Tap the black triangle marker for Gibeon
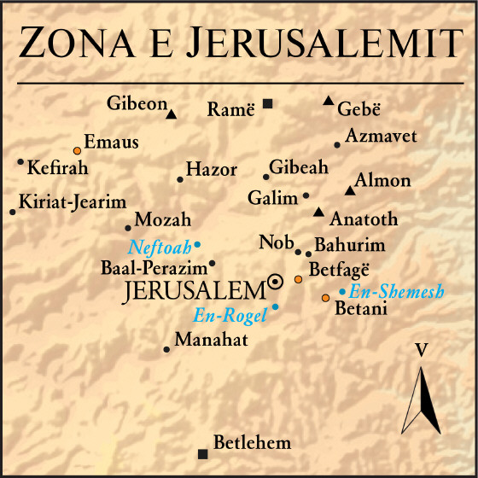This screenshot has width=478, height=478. pos(172,114)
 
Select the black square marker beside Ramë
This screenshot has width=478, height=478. pos(268,104)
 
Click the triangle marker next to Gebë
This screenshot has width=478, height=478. pos(328,102)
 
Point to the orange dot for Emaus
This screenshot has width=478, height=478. pos(78,150)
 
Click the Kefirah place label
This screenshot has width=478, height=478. pos(58,167)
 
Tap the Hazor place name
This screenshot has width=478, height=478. pos(211,170)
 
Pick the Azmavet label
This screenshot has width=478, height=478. pos(369,136)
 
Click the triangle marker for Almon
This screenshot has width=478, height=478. pos(348,190)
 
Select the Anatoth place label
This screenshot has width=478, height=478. pos(364,219)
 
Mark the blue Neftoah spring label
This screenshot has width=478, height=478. pos(160,248)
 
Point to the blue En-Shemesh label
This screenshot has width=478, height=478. pos(396,292)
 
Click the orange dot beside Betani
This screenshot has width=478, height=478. pos(325,298)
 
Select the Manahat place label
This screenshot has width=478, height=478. pos(211,341)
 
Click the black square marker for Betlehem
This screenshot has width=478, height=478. pos(202,453)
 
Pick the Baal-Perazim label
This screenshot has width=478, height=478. pos(154,267)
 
